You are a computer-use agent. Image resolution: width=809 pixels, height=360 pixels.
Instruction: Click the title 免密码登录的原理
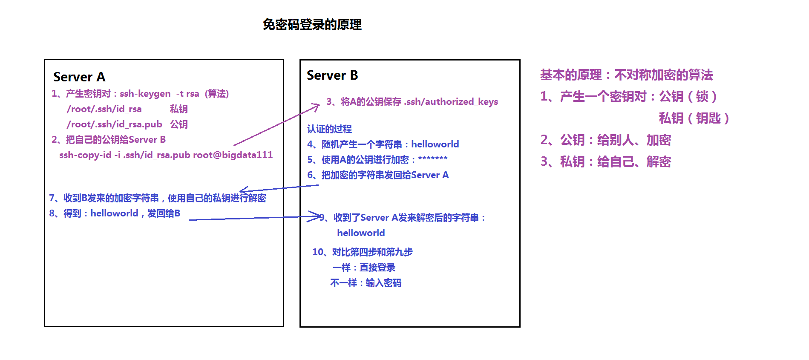point(312,25)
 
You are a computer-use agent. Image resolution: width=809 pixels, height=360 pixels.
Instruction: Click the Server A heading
point(79,77)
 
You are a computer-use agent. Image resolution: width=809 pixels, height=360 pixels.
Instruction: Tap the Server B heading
point(332,75)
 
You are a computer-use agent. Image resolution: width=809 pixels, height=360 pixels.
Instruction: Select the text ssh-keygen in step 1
point(145,94)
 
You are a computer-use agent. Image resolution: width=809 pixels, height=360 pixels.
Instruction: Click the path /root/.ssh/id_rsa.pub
point(114,124)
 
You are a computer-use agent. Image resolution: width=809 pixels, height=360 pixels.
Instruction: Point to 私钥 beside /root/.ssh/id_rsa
point(179,109)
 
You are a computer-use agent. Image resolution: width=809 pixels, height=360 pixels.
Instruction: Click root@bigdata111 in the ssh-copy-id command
point(233,155)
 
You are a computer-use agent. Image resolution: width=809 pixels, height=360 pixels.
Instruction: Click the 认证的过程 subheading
point(329,129)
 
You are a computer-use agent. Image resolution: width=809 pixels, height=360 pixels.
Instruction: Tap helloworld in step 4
point(435,144)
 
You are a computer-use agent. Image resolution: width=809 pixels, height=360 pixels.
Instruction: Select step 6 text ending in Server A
point(378,175)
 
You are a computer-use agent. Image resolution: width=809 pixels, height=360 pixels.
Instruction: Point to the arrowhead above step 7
point(244,190)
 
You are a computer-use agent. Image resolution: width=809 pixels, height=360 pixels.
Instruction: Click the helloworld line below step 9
point(361,233)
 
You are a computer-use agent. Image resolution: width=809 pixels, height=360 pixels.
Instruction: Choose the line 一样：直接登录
point(364,268)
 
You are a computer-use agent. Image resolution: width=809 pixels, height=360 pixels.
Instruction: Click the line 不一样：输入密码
point(366,283)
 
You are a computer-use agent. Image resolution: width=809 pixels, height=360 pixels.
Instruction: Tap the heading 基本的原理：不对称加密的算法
point(626,75)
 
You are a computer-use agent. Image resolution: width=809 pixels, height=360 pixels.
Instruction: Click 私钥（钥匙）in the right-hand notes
point(694,118)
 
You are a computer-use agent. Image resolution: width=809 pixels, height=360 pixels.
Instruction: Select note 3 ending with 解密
point(605,162)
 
